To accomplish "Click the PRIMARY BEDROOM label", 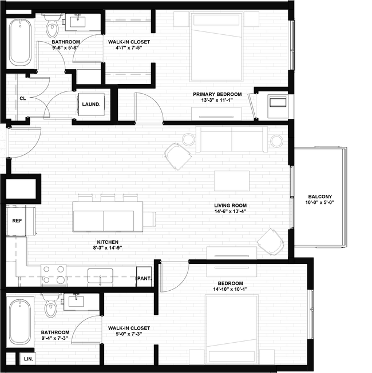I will pos(217,94).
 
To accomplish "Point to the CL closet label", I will pos(23,98).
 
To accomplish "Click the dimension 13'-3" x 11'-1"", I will pos(217,101).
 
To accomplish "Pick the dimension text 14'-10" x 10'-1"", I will pos(230,290).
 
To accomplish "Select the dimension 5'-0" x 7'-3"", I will pos(129,334).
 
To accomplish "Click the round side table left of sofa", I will pos(188,139).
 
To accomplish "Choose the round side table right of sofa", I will pos(276,140).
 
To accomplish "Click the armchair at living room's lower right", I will pos(270,242).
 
